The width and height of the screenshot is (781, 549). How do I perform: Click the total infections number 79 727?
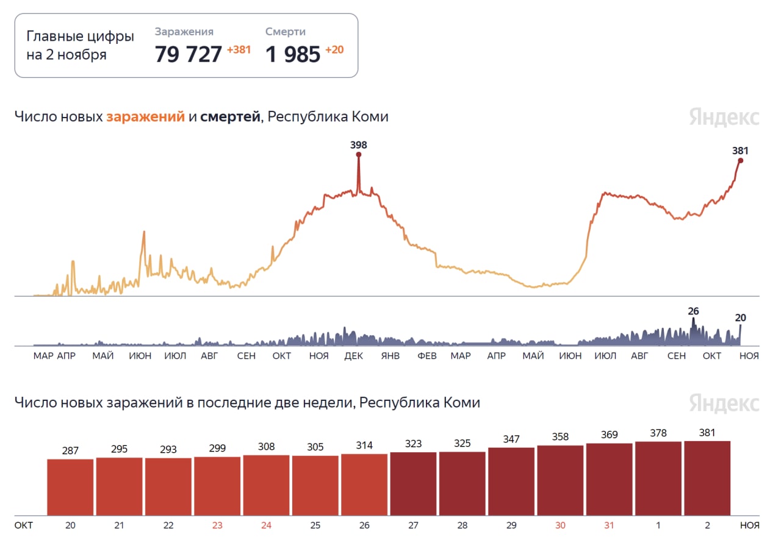[188, 54]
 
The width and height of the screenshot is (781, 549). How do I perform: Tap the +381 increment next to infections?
[239, 50]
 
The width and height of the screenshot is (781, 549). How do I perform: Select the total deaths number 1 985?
[293, 55]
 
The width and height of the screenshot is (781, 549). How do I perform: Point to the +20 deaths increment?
[334, 50]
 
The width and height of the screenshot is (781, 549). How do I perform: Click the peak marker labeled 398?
[359, 155]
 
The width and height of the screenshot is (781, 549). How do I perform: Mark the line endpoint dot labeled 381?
[740, 160]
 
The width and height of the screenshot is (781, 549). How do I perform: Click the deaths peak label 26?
[693, 311]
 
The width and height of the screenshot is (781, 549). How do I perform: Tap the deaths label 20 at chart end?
[741, 317]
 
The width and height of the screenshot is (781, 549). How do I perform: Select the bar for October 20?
[70, 487]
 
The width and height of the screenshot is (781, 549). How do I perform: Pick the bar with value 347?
[511, 481]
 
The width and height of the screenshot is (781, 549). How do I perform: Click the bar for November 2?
[707, 478]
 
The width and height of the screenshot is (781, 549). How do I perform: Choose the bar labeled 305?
[315, 485]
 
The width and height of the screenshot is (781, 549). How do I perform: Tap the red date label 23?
[217, 525]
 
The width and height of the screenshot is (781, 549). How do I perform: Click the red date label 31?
[609, 525]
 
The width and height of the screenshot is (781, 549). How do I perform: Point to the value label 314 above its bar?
[364, 445]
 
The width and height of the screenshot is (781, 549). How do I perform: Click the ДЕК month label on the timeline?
[353, 356]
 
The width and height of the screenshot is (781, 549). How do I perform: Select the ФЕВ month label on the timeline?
[426, 356]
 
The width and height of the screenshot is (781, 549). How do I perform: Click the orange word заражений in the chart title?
[145, 116]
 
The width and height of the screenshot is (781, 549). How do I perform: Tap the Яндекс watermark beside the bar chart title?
[724, 403]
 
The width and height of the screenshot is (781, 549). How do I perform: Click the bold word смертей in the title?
[230, 116]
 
